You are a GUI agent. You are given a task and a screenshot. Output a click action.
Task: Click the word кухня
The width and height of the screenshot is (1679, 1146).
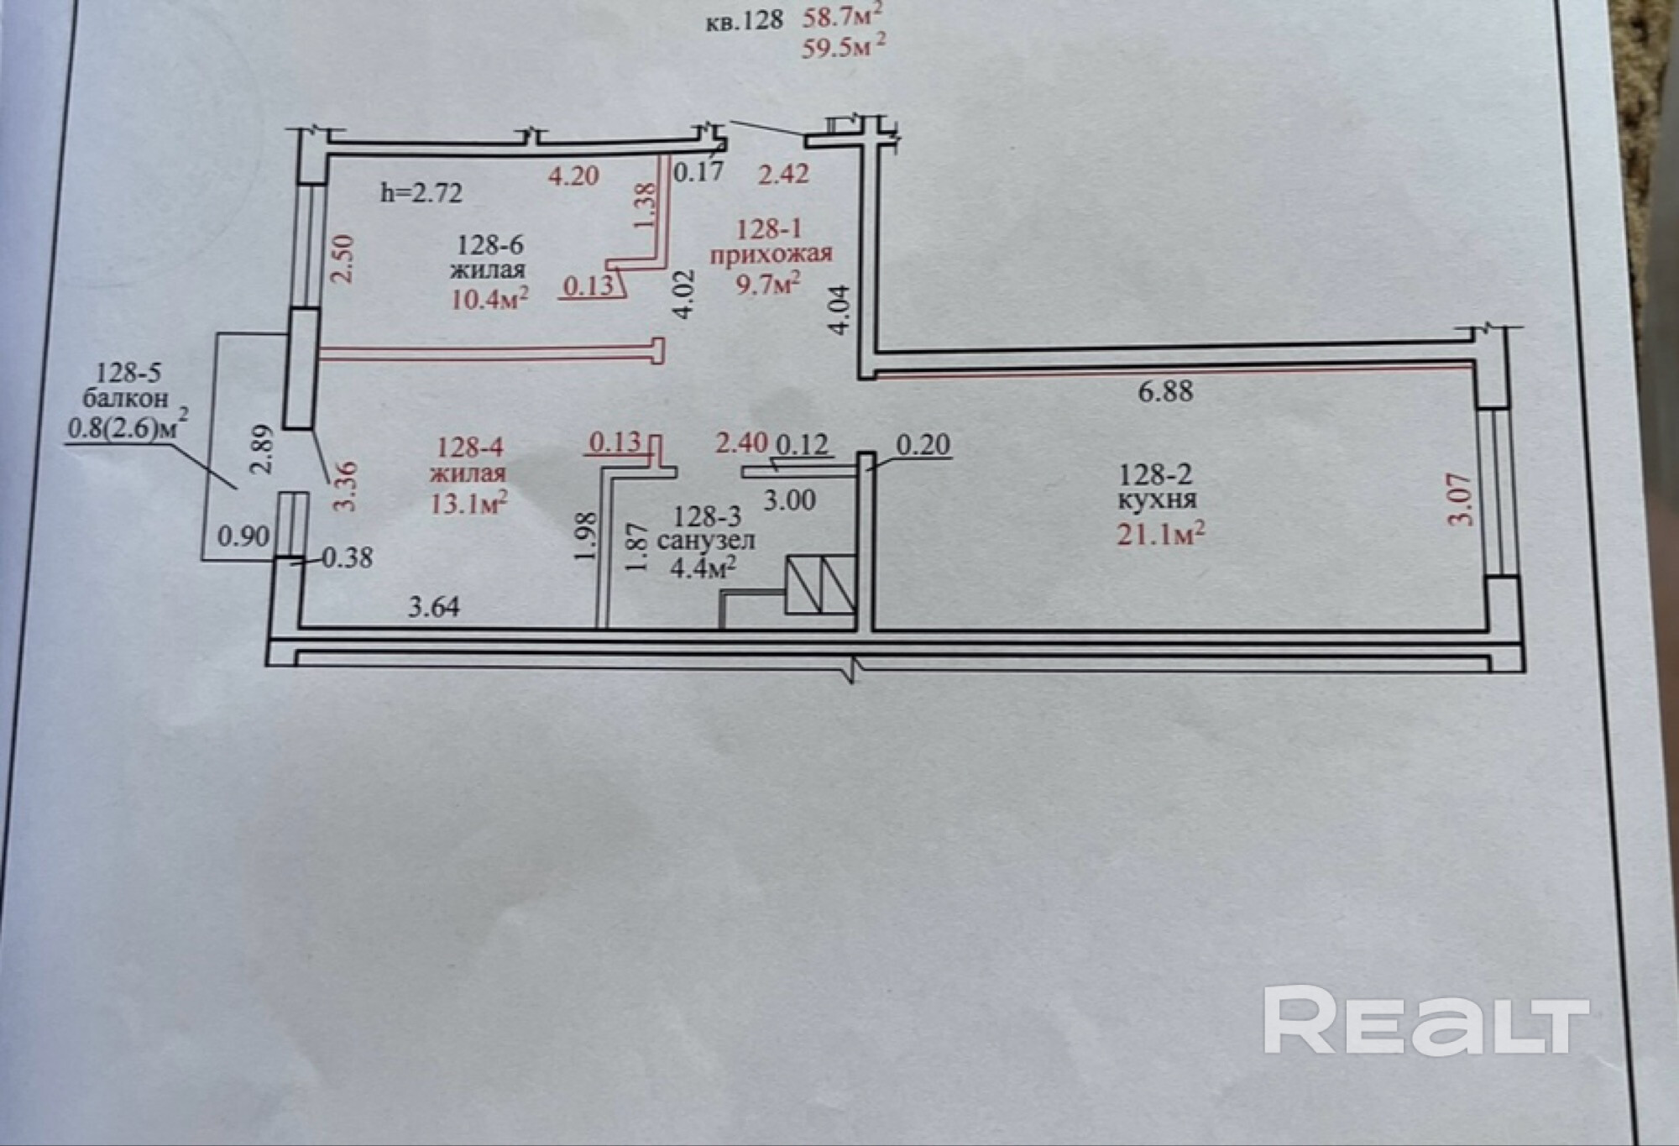[x=1156, y=500]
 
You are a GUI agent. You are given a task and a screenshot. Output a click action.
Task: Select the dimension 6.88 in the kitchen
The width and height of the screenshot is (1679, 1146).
[x=1165, y=391]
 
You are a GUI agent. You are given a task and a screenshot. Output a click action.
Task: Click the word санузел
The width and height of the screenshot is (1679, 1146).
[x=706, y=541]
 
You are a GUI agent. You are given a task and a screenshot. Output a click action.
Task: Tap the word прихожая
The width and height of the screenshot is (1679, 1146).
[x=771, y=254]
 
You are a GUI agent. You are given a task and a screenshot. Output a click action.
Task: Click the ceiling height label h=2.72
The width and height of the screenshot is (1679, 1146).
[x=421, y=193]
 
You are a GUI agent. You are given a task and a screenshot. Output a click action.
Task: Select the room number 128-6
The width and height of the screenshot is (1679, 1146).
[x=490, y=244]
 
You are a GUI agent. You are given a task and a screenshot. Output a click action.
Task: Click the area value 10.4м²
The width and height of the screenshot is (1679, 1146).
[x=489, y=298]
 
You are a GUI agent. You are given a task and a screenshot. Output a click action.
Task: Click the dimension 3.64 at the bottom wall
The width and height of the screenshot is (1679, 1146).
[x=434, y=606]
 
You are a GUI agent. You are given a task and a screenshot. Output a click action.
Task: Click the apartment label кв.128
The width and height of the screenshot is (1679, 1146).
[x=744, y=20]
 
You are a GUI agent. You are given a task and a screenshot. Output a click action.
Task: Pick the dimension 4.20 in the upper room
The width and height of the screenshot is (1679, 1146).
[x=573, y=175]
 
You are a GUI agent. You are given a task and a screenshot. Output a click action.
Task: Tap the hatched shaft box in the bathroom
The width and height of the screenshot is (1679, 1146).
[x=820, y=585]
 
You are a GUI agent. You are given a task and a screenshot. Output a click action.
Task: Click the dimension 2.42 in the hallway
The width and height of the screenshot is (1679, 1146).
[x=783, y=174]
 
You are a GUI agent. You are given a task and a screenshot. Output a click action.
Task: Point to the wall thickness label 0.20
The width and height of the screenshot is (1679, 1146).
[x=923, y=444]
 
